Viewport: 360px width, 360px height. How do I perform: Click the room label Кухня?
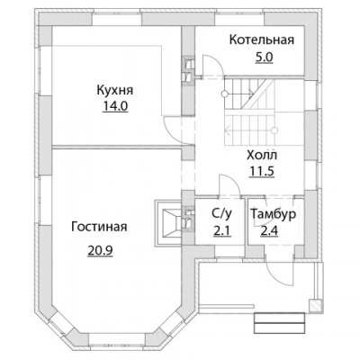click(115, 90)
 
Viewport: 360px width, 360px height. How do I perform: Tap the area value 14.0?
click(115, 106)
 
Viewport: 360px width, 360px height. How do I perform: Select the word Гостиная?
click(99, 227)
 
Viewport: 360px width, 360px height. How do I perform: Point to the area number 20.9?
click(100, 250)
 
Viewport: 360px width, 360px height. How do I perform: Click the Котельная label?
click(262, 40)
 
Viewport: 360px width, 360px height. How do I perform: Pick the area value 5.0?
click(264, 57)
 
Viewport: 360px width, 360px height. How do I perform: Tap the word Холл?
click(262, 156)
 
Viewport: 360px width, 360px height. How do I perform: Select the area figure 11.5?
click(262, 171)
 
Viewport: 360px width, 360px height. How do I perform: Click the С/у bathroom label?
click(221, 213)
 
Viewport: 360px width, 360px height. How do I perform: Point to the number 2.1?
click(222, 231)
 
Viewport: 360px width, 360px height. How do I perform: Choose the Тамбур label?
click(274, 214)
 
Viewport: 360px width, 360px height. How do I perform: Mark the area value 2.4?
click(269, 231)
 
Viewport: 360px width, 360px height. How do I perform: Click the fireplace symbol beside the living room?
click(168, 222)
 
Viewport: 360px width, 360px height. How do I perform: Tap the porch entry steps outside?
click(280, 323)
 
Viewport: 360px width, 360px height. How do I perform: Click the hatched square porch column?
click(315, 305)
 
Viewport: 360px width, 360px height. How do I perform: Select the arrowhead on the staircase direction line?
click(228, 130)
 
